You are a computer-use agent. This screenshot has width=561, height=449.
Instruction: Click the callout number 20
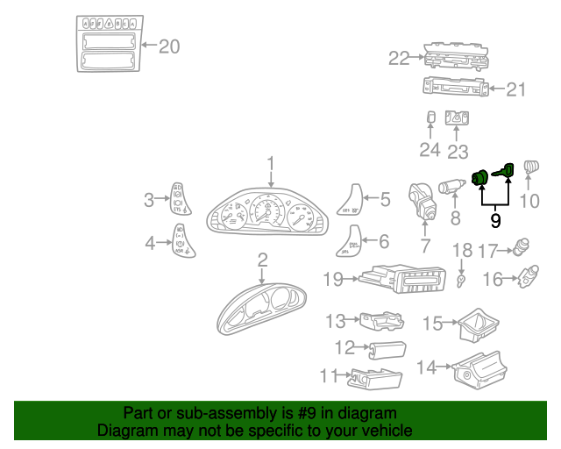tap(168, 46)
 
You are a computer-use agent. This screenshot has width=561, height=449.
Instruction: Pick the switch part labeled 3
tap(178, 198)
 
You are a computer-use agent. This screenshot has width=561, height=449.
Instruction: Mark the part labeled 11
tap(376, 379)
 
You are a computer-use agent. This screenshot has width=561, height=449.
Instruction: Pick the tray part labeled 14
tap(480, 367)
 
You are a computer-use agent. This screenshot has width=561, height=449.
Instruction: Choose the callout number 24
tap(429, 150)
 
